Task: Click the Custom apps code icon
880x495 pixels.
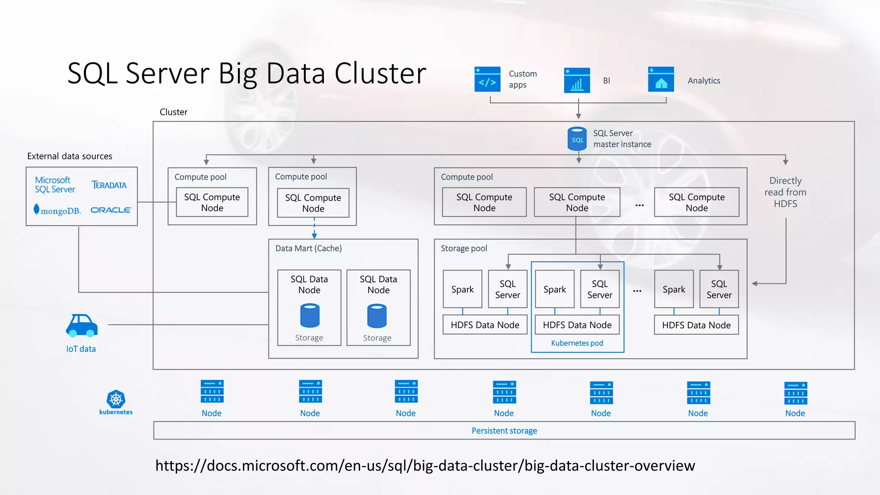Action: (487, 79)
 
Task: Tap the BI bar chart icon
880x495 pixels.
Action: (577, 80)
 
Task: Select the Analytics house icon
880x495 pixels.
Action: (661, 79)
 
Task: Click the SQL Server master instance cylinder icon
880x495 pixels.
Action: (577, 139)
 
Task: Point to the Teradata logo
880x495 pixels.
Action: (109, 185)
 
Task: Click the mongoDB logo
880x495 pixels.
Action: (57, 211)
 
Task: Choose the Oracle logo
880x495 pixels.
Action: (111, 210)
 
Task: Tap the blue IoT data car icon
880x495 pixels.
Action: (82, 325)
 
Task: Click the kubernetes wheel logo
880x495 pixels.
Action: (116, 400)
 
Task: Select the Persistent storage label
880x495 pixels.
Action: (504, 431)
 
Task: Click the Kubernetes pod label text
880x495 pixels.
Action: (577, 343)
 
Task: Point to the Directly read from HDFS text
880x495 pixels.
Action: (785, 192)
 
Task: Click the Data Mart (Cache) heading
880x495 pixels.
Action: (309, 248)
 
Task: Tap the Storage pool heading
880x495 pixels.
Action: (464, 248)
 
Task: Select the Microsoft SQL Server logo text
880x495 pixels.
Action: (55, 185)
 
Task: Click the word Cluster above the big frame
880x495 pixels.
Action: (174, 112)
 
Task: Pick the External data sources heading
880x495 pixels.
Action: (70, 156)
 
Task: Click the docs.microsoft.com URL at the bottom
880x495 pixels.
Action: (425, 466)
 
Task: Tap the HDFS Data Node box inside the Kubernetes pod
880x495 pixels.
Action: (577, 325)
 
